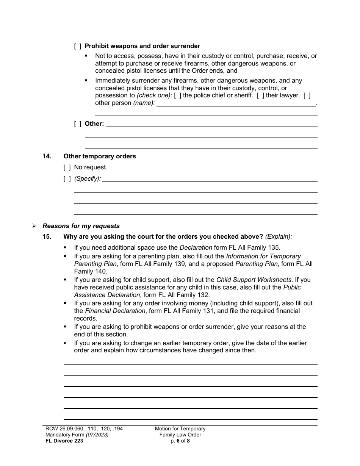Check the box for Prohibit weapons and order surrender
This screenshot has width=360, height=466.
pos(77,46)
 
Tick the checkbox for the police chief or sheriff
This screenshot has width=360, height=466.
pos(177,95)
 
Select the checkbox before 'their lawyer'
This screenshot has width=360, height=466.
pos(260,95)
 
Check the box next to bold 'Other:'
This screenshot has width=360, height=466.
pos(77,124)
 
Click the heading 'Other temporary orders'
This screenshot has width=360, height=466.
pos(99,156)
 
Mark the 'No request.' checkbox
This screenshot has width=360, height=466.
pos(67,167)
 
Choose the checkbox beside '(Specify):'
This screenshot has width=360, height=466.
pos(67,179)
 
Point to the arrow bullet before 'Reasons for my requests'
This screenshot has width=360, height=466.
pos(34,226)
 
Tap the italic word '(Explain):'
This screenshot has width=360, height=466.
pos(279,237)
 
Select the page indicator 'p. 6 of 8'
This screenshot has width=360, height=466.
pos(180,441)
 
